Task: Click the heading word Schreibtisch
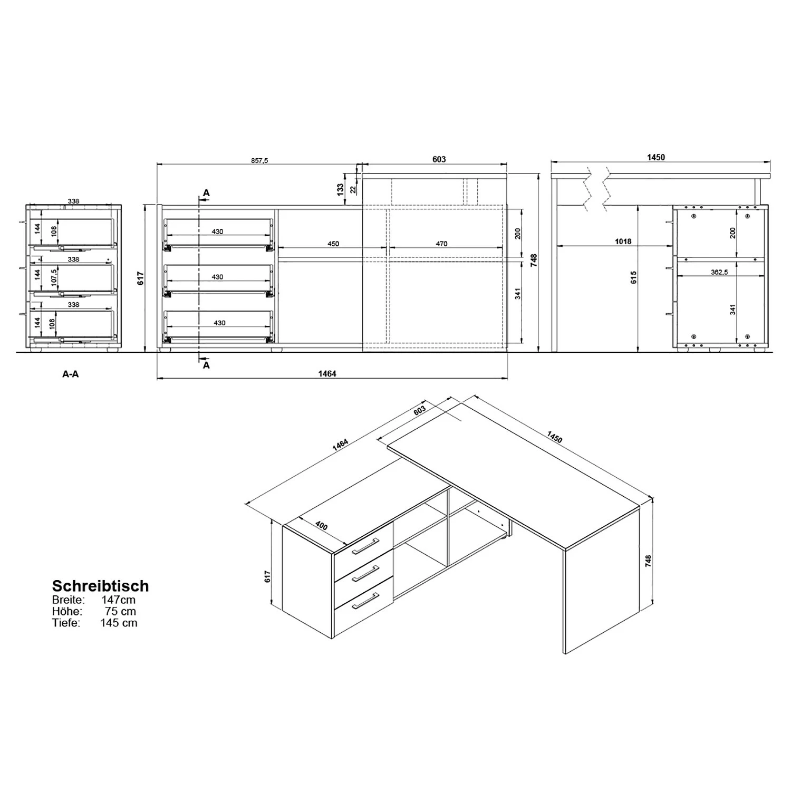point(100,586)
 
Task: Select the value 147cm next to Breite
point(118,600)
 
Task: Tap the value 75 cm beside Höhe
point(121,612)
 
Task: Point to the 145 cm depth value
point(119,623)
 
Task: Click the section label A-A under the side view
point(71,374)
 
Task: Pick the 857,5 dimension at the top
point(259,160)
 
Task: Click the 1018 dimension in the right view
point(623,242)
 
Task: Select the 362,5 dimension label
point(719,272)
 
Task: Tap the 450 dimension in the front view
point(333,244)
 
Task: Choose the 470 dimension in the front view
point(441,244)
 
